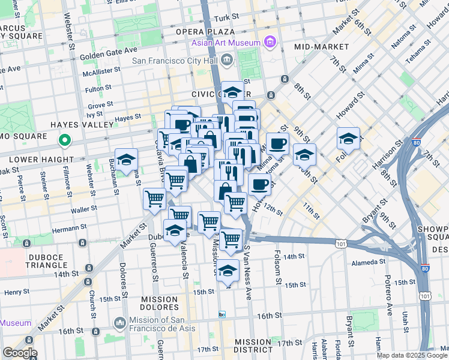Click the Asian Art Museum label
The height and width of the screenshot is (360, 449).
pyautogui.click(x=226, y=43)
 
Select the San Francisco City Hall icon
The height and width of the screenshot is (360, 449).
pyautogui.click(x=228, y=59)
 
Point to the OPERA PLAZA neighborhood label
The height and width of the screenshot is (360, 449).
pyautogui.click(x=205, y=31)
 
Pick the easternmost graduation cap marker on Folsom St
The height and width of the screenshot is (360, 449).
pyautogui.click(x=348, y=139)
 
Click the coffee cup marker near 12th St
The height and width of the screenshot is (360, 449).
pyautogui.click(x=259, y=185)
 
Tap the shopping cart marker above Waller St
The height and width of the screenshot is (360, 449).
pyautogui.click(x=155, y=198)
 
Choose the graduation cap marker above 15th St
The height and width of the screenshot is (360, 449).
pyautogui.click(x=228, y=271)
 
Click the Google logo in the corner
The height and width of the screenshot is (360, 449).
pyautogui.click(x=19, y=353)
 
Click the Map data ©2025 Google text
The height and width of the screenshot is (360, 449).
pyautogui.click(x=412, y=355)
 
